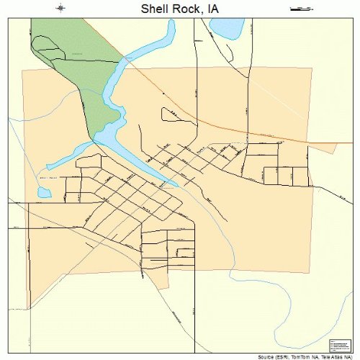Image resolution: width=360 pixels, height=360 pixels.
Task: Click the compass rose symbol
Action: [x=61, y=9]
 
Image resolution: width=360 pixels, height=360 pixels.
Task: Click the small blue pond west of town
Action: [x=45, y=193]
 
